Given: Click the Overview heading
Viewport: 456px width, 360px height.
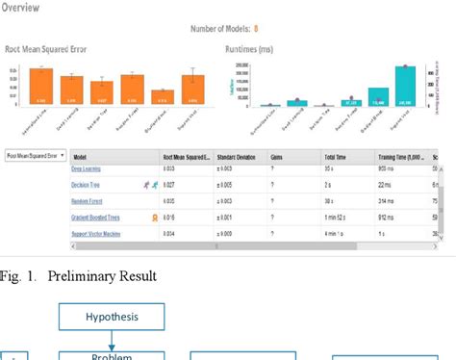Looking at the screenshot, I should pyautogui.click(x=21, y=7).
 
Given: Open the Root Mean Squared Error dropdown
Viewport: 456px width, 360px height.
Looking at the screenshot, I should pyautogui.click(x=36, y=154).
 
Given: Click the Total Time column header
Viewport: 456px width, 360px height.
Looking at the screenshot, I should pyautogui.click(x=336, y=155).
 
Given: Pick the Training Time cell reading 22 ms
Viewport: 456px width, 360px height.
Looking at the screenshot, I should pyautogui.click(x=385, y=183).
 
